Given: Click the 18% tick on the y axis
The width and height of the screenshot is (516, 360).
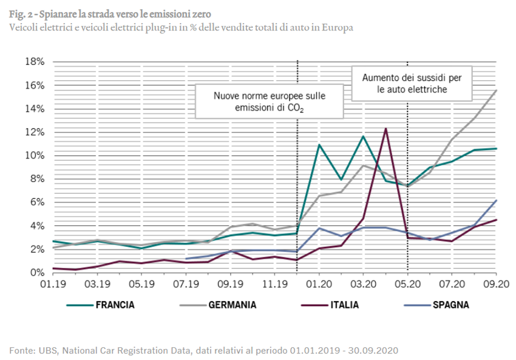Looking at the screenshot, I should (x=35, y=62).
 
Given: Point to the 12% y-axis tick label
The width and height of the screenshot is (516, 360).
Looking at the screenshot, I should (x=35, y=132).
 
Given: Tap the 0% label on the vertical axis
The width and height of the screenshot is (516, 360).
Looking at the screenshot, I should (x=38, y=273).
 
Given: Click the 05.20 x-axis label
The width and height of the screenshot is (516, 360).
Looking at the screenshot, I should (x=407, y=284).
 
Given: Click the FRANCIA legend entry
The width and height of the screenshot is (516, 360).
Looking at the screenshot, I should (x=115, y=305).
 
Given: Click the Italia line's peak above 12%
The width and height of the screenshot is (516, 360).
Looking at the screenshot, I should (x=385, y=129).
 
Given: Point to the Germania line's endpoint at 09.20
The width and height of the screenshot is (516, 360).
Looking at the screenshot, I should (x=497, y=90).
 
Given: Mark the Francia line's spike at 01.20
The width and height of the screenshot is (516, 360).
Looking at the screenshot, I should (x=319, y=144).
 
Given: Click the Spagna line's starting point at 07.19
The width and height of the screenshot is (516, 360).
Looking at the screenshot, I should (x=186, y=259).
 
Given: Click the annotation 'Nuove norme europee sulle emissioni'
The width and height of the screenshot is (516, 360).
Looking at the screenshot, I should (x=269, y=101).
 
